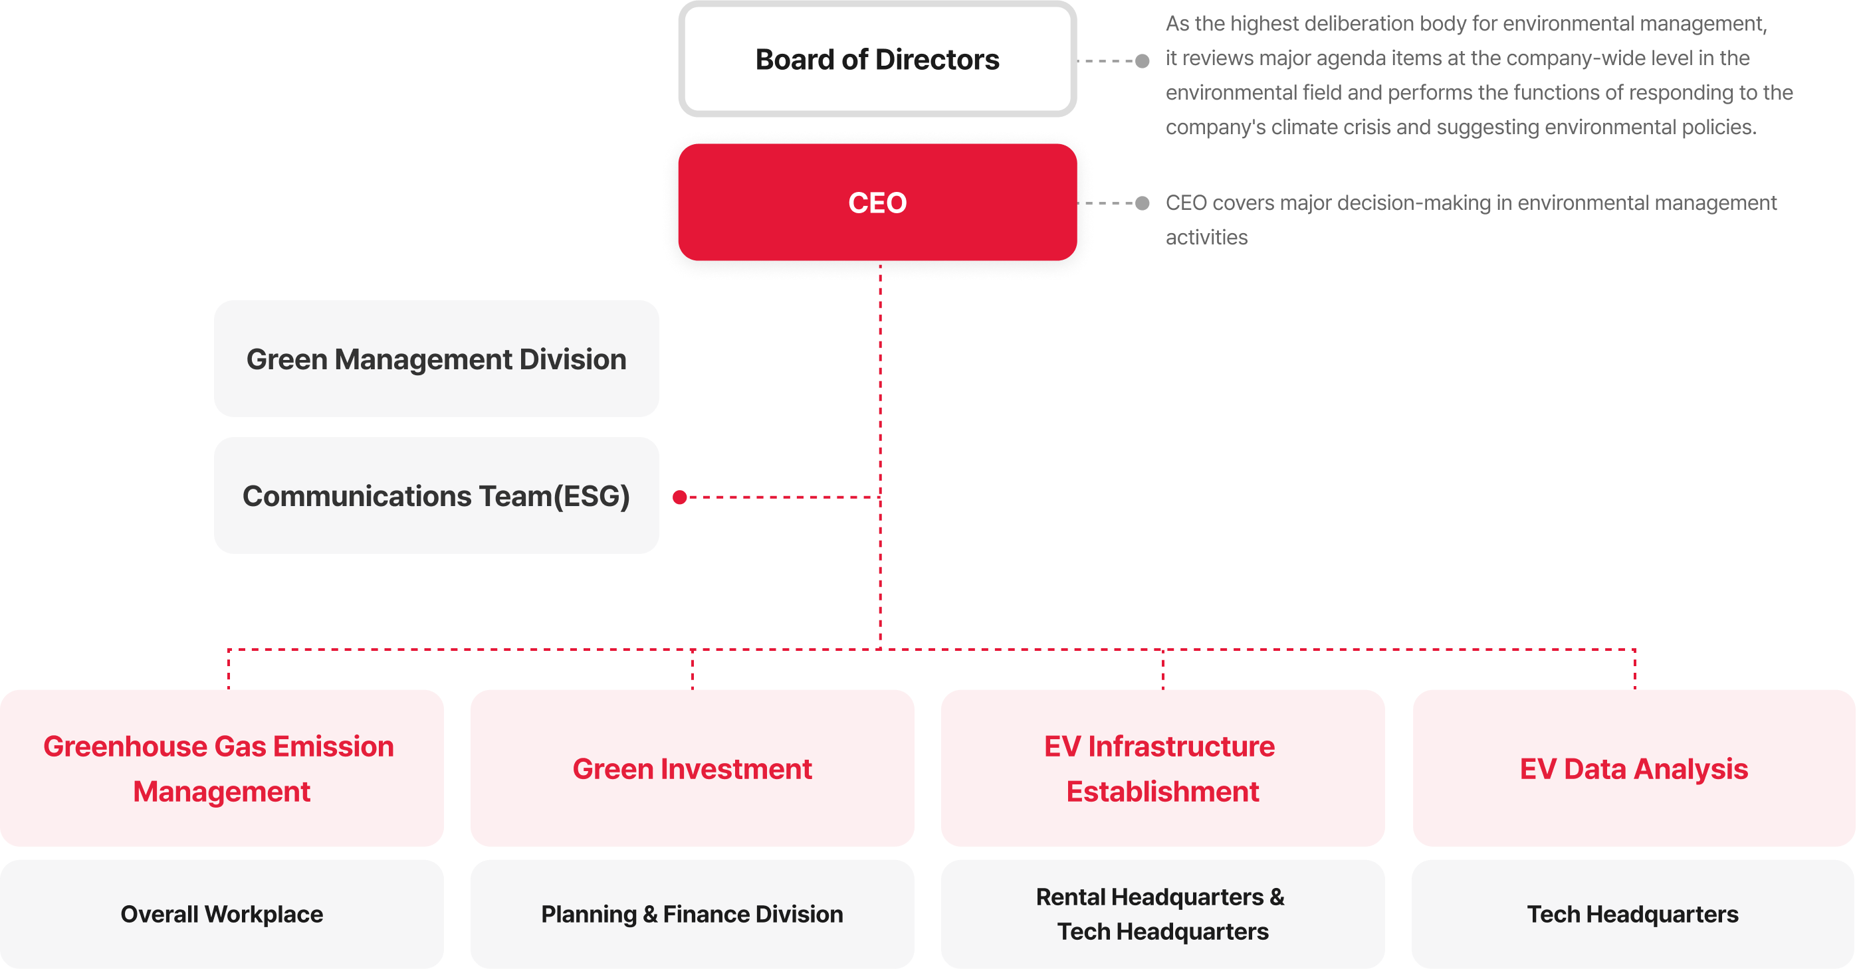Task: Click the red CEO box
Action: coord(877,202)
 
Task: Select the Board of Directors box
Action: coord(877,59)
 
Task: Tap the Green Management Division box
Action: coord(437,359)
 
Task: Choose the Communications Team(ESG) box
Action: coord(437,495)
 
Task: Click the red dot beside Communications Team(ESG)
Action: coord(679,497)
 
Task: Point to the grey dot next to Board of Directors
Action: coord(1142,60)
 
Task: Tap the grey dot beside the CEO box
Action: coord(1142,203)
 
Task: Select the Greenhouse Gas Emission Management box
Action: coord(222,768)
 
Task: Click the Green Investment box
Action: coord(692,768)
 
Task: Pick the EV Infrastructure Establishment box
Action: coord(1162,768)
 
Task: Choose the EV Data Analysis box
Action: coord(1634,768)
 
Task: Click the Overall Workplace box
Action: coord(222,914)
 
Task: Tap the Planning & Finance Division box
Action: coord(692,914)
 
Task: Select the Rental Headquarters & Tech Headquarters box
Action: coord(1162,914)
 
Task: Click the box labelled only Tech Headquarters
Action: coord(1633,914)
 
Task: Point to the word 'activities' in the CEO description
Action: coord(1206,237)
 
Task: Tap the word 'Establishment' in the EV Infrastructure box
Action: coord(1162,792)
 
